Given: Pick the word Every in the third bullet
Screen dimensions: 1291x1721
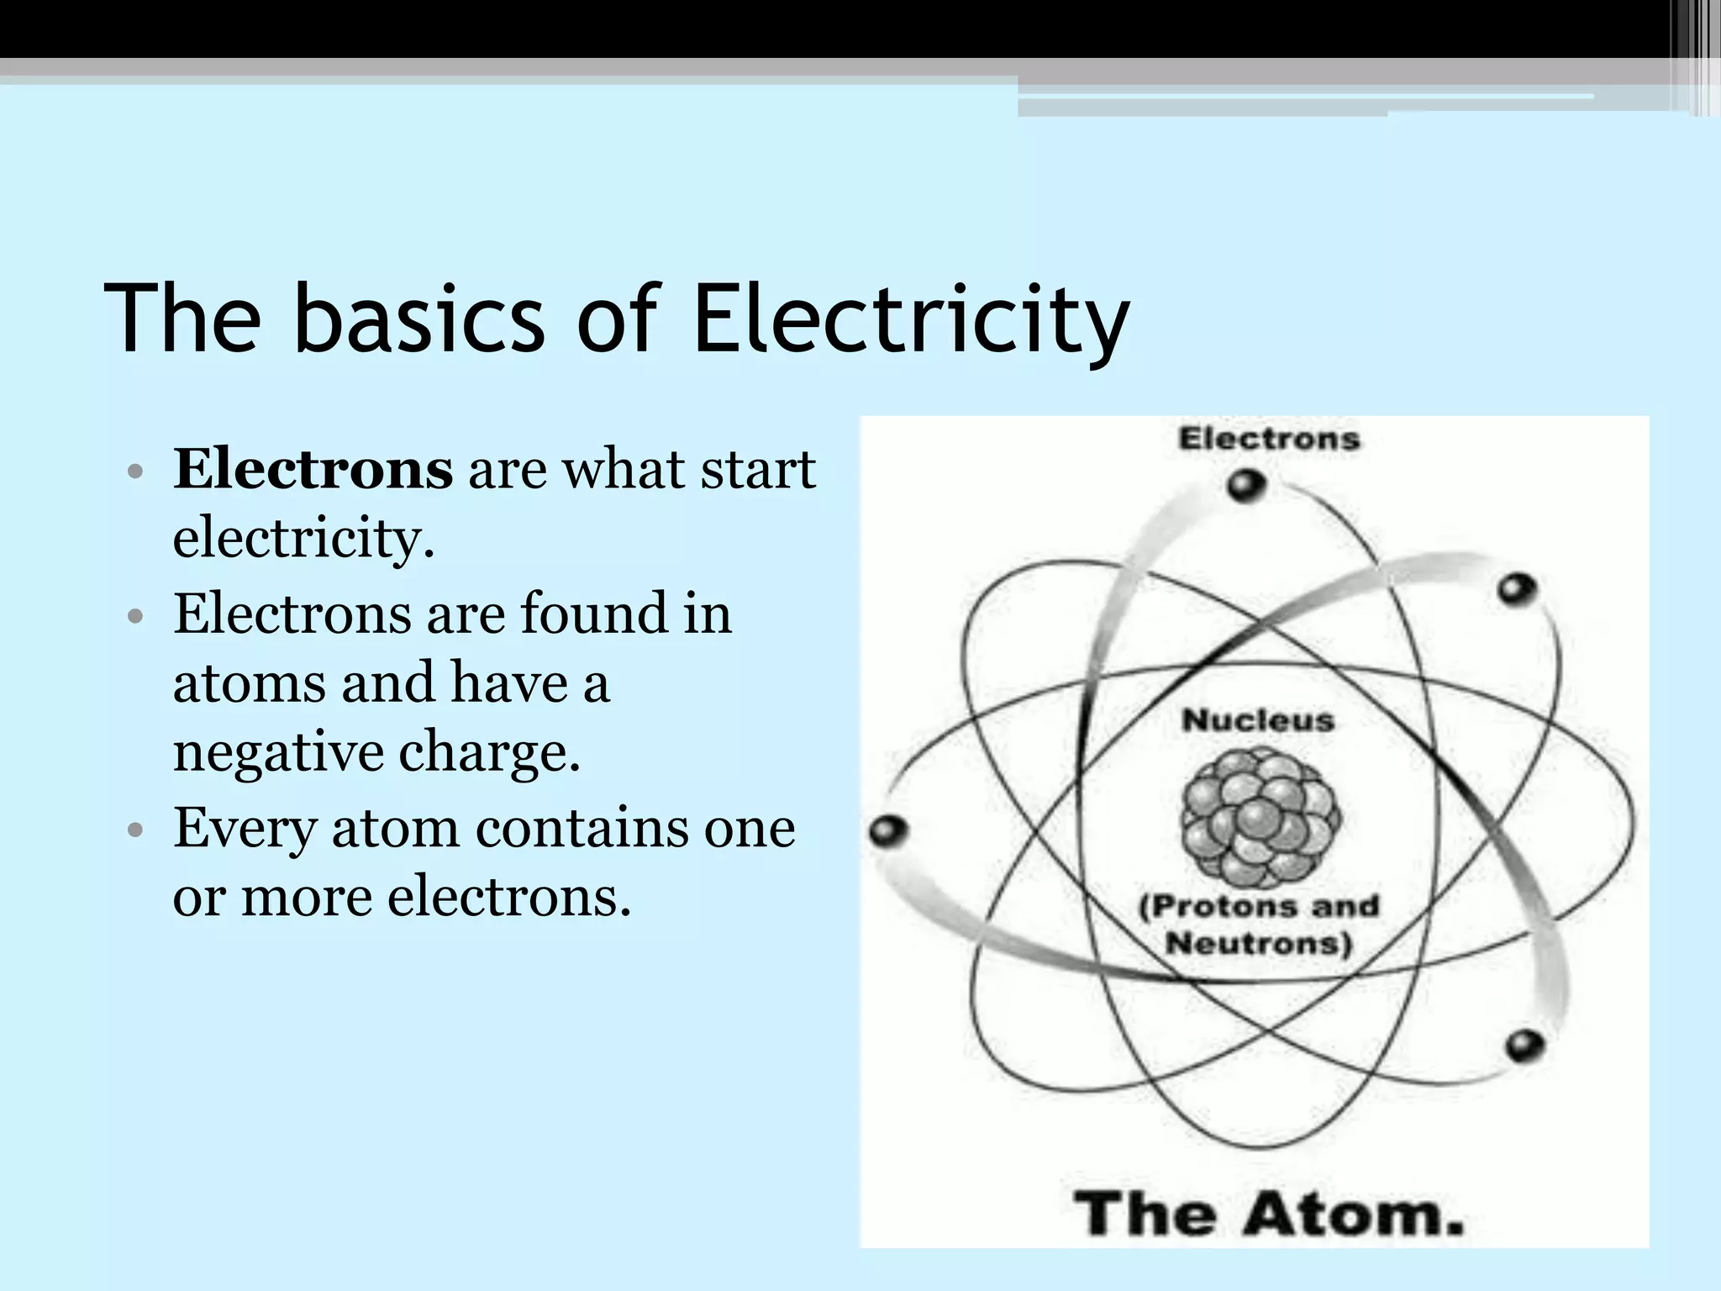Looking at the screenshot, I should tap(245, 830).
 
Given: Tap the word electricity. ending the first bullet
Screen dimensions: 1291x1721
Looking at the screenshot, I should tap(303, 538).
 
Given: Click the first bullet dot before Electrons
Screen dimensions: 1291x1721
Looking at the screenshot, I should tap(134, 472).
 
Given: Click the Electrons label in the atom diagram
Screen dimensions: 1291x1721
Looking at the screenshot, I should tap(1269, 439).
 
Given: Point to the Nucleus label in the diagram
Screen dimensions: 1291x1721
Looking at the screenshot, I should tap(1258, 720).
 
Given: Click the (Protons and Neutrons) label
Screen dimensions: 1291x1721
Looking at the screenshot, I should tap(1259, 925).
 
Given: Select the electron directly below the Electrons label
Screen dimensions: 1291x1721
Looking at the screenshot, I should tap(1245, 486).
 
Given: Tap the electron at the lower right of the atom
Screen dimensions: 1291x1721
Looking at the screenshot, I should tap(1524, 1046).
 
